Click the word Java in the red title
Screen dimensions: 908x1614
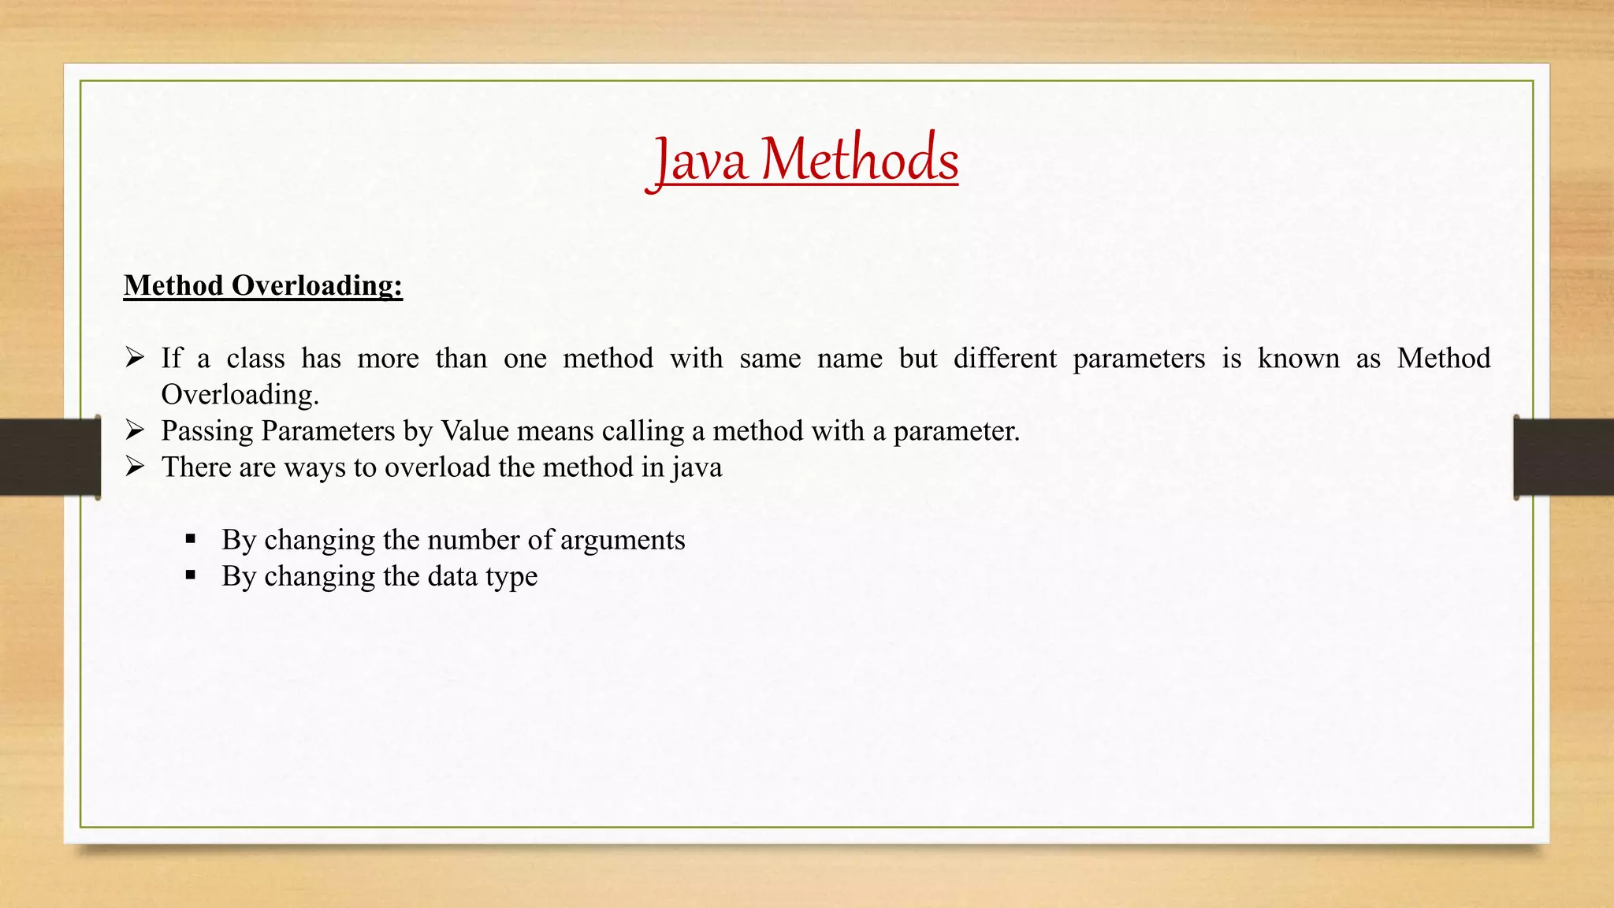tap(700, 161)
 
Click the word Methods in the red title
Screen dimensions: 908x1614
tap(860, 159)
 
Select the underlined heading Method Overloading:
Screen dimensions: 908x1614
tap(263, 285)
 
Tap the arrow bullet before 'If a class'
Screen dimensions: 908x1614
tap(135, 358)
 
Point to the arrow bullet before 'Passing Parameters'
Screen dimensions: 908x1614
tap(135, 430)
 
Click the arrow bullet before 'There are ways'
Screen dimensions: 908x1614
tap(135, 467)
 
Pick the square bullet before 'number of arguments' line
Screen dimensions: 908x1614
tap(191, 540)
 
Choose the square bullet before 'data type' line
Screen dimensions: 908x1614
tap(191, 576)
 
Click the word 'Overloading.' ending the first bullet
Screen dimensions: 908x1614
tap(240, 394)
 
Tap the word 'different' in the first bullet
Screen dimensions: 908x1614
tap(1005, 359)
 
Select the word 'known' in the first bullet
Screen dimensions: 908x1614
tap(1298, 359)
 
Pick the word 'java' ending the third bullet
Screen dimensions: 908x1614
tap(697, 467)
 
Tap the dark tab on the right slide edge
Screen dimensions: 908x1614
tap(1564, 457)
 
